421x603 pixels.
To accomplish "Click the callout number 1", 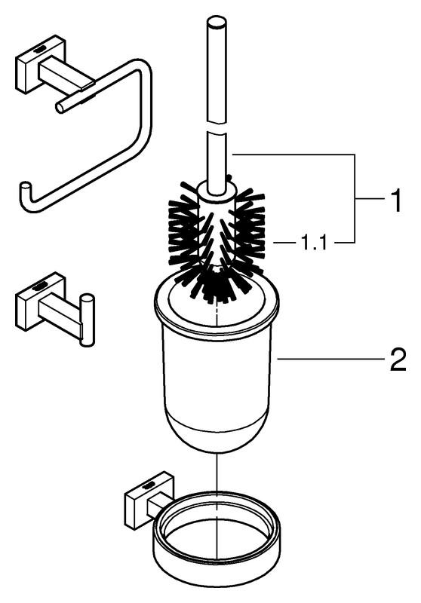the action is point(395,199).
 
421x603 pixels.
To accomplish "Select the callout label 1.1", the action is point(313,242).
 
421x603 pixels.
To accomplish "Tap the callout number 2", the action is point(398,359).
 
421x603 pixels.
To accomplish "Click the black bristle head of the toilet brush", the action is point(217,243).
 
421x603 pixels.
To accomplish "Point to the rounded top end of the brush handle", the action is point(217,22).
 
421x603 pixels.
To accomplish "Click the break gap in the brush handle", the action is point(217,127).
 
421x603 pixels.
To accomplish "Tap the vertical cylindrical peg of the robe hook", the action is point(87,320).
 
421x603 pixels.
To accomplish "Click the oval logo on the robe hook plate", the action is point(39,286).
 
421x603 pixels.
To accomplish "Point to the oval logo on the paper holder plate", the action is point(40,49).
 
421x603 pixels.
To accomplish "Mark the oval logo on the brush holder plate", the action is point(148,485).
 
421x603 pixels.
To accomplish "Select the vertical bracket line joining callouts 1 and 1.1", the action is point(355,198).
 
